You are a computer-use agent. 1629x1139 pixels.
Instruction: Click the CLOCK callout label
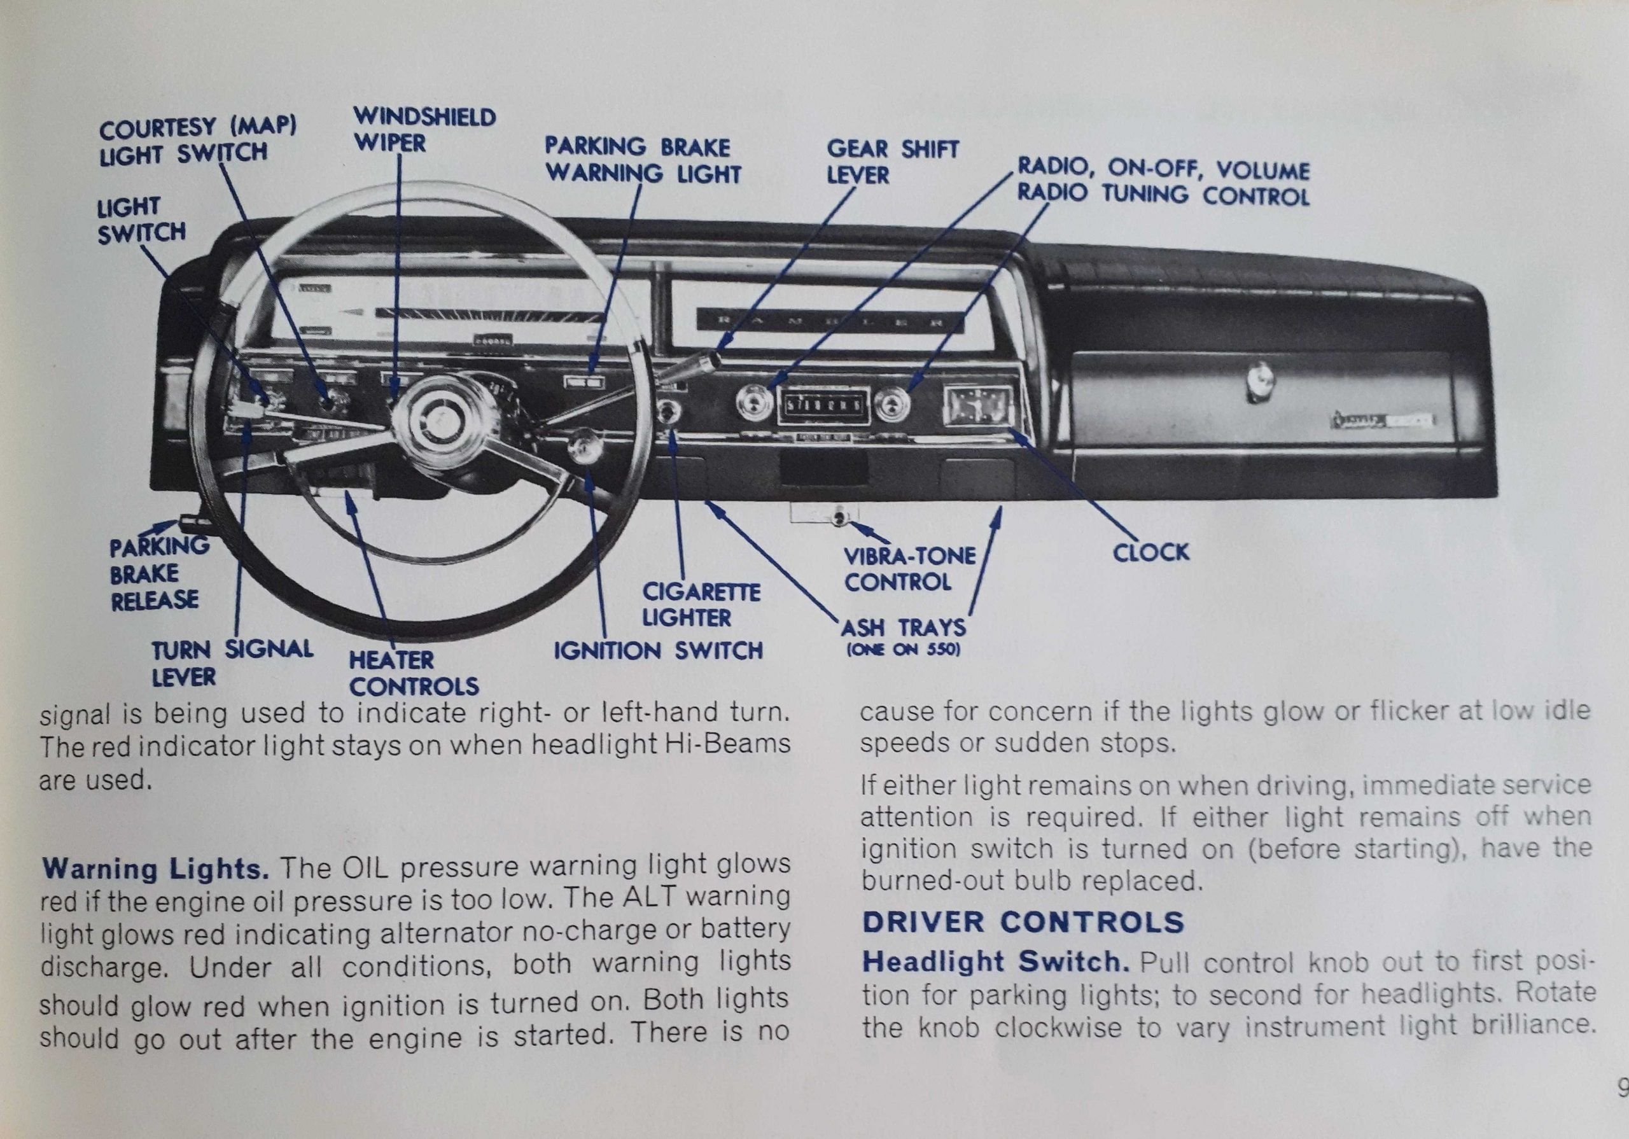[x=1150, y=553]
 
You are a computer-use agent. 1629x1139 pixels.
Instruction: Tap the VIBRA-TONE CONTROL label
[x=909, y=568]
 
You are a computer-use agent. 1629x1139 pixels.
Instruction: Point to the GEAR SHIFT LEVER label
[x=892, y=162]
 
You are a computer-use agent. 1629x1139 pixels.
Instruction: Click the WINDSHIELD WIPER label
[x=424, y=130]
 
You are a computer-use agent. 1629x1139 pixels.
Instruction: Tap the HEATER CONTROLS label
[x=413, y=673]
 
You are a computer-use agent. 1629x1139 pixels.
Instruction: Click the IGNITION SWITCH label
[x=658, y=651]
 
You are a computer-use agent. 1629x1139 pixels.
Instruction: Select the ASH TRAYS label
[x=903, y=629]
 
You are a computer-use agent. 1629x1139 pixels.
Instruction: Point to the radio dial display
[x=822, y=407]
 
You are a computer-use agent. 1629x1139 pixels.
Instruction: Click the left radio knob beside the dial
[x=753, y=406]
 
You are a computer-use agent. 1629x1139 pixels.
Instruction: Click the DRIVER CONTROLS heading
[x=1023, y=922]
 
